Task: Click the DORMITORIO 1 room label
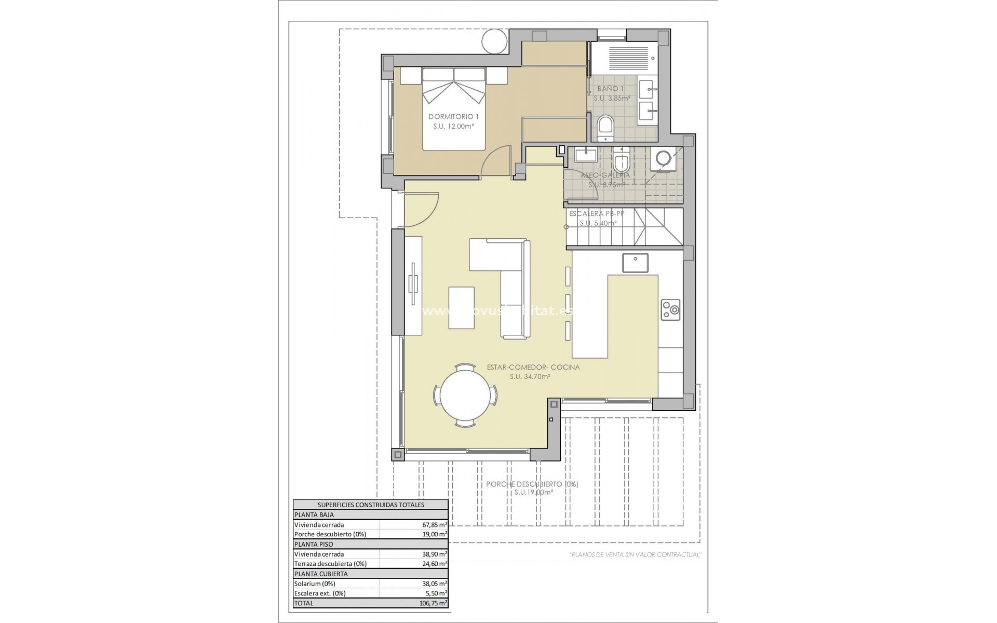pyautogui.click(x=453, y=117)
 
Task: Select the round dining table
pyautogui.click(x=465, y=395)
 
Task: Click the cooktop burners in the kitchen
pyautogui.click(x=670, y=310)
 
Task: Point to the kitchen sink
pyautogui.click(x=636, y=262)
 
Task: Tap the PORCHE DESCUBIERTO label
pyautogui.click(x=532, y=484)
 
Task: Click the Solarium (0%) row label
pyautogui.click(x=315, y=584)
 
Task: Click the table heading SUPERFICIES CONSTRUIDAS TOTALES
pyautogui.click(x=370, y=505)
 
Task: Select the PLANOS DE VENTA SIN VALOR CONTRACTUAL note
pyautogui.click(x=636, y=554)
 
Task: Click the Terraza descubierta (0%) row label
pyautogui.click(x=330, y=564)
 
